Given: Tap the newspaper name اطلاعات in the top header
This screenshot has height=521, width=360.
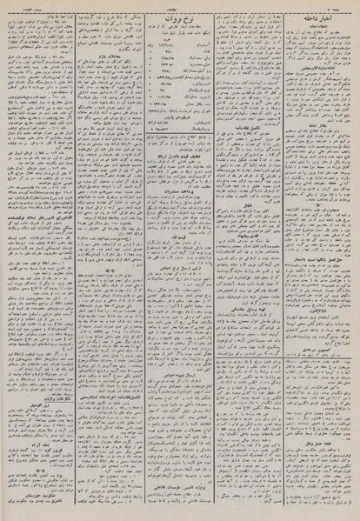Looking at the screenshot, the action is [179, 5].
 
